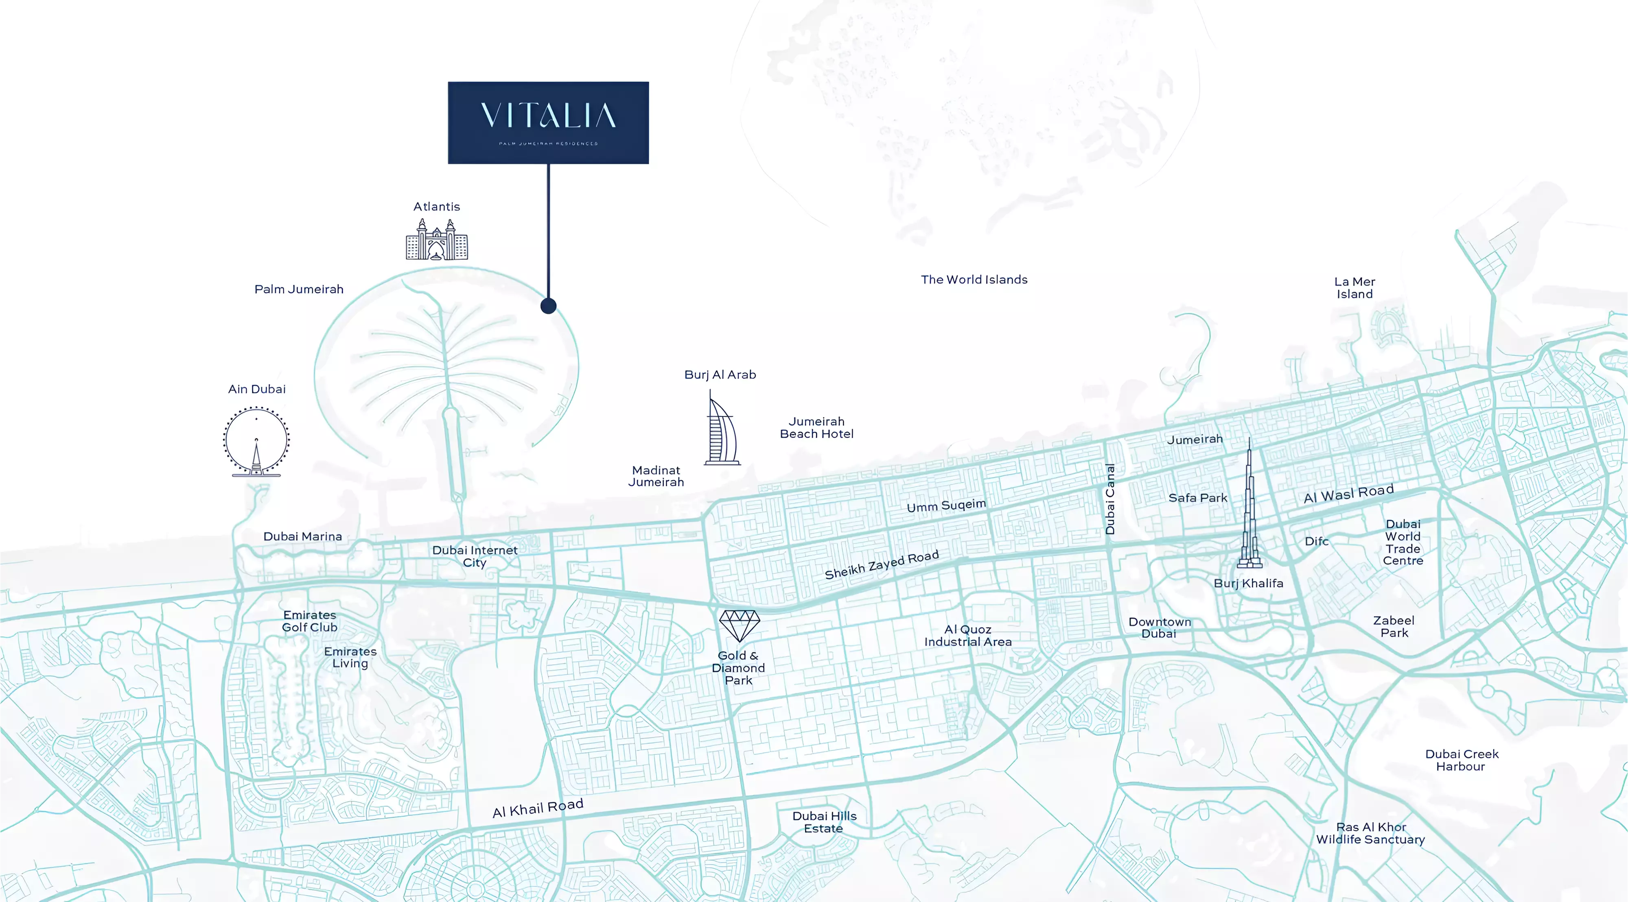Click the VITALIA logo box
tap(548, 122)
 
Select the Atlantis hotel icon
tap(437, 240)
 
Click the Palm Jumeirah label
tap(299, 289)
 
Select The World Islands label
tap(974, 279)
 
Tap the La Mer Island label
tap(1354, 288)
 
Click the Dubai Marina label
tap(303, 536)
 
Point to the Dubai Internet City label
tap(475, 556)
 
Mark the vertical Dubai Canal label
tap(1110, 499)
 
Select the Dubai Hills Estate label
tap(824, 822)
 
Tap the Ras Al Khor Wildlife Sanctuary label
tap(1370, 833)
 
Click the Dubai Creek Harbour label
tap(1461, 760)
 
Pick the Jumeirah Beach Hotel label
tap(816, 428)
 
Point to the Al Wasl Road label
tap(1349, 493)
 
